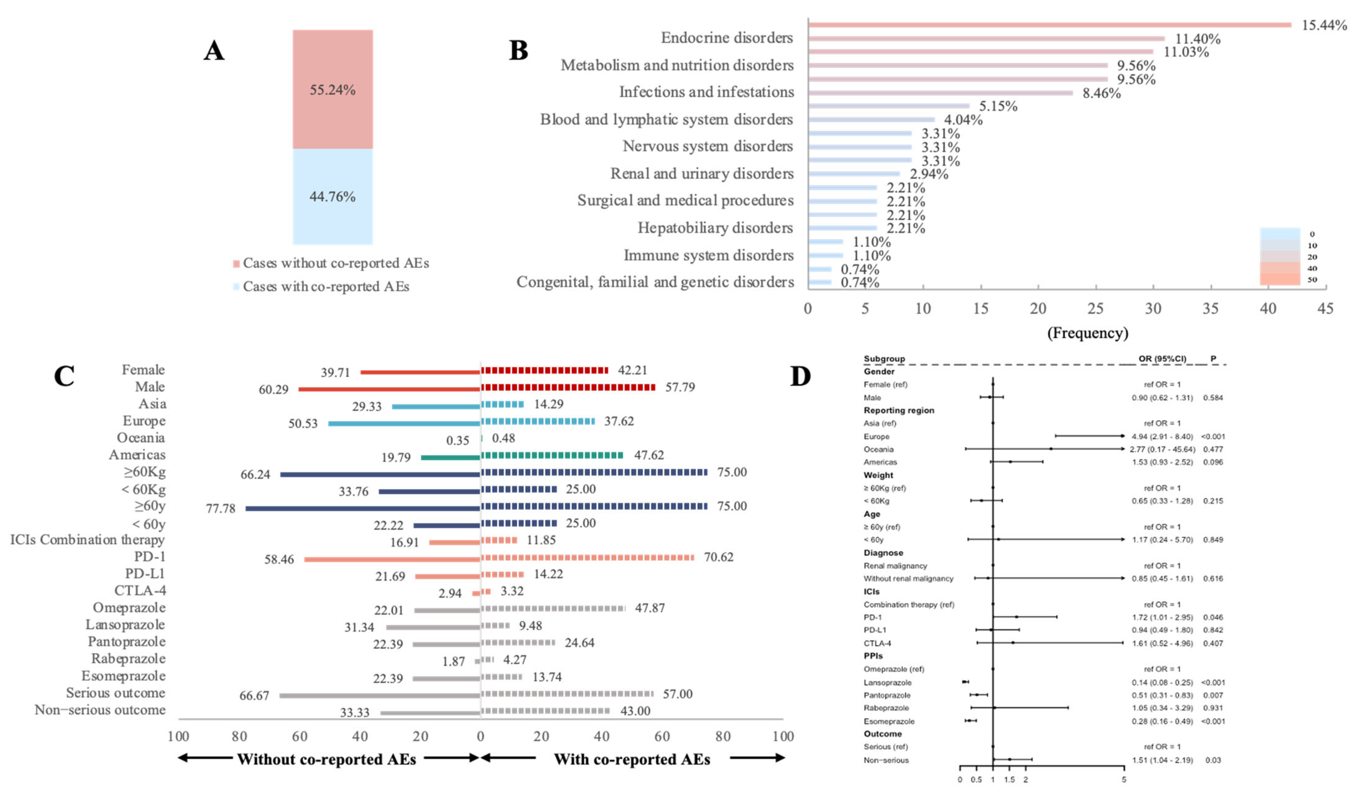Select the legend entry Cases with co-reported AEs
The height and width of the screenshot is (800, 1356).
coord(326,286)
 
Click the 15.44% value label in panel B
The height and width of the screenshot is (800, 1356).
coord(1323,25)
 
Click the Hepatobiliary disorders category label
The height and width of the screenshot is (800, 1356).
coord(715,228)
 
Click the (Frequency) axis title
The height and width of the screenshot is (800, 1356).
coord(1087,333)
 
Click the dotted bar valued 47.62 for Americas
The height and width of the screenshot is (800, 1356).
coord(552,456)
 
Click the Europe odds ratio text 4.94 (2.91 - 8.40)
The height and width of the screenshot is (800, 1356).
coord(1162,436)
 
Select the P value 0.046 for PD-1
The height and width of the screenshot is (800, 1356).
coord(1213,617)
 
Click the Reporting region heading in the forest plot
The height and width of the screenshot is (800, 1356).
coord(899,410)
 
